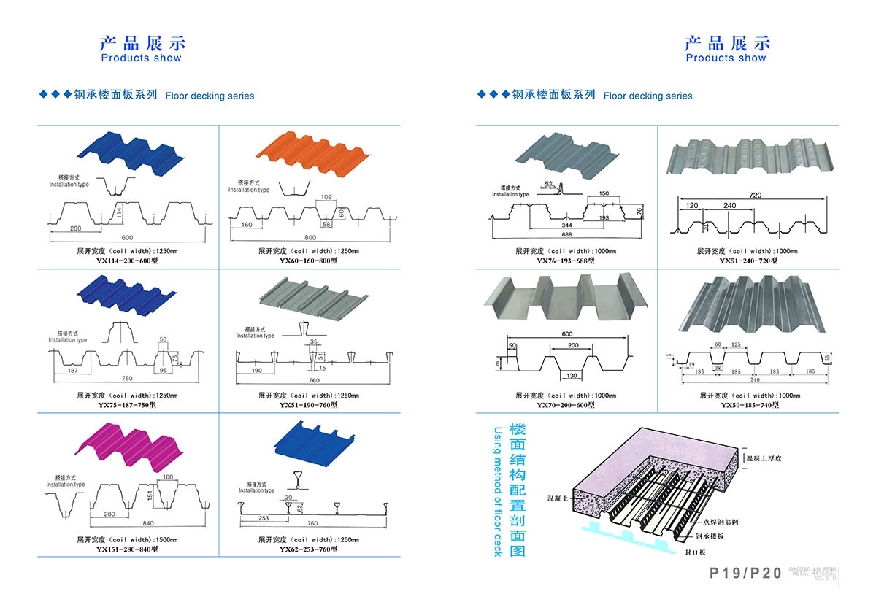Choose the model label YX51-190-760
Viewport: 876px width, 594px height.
(x=308, y=405)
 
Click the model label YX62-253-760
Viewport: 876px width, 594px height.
(x=308, y=549)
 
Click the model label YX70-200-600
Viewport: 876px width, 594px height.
(x=565, y=405)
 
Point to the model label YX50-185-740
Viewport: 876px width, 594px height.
(x=748, y=405)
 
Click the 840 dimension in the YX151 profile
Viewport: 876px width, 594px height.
(x=148, y=524)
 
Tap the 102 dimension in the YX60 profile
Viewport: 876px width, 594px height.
(x=326, y=197)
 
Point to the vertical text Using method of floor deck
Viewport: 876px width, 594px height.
(x=498, y=492)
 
